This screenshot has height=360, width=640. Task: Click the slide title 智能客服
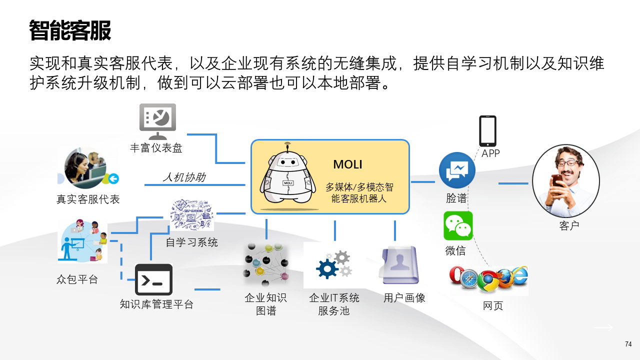click(x=70, y=31)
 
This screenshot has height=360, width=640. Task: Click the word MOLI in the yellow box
click(x=347, y=164)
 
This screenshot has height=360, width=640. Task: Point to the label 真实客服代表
click(x=88, y=199)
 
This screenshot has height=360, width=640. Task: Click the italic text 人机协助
click(x=184, y=177)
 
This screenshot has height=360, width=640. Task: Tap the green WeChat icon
click(x=458, y=225)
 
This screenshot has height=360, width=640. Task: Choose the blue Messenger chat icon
click(x=457, y=170)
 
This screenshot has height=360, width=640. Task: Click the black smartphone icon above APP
click(x=487, y=131)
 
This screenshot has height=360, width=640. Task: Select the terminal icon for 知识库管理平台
click(x=153, y=279)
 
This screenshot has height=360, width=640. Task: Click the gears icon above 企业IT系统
click(x=332, y=265)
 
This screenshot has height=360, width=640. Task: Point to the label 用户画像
click(x=404, y=298)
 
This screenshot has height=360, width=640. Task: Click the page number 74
click(x=628, y=344)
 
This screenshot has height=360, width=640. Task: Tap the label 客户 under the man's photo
click(x=569, y=225)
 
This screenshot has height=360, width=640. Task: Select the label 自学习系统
click(x=192, y=242)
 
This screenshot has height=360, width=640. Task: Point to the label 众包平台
click(x=77, y=279)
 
